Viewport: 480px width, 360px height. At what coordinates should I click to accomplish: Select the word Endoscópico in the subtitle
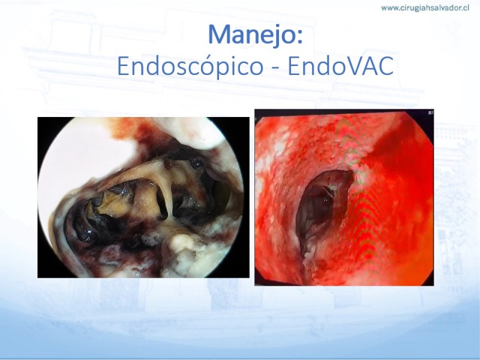190,67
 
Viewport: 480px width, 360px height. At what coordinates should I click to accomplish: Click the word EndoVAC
340,66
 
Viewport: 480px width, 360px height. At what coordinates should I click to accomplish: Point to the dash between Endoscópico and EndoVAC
275,68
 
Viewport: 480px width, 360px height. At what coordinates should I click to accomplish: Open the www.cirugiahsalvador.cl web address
425,8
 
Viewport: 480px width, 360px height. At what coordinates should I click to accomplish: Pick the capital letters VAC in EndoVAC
367,66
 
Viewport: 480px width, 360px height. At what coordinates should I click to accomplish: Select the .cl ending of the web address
464,8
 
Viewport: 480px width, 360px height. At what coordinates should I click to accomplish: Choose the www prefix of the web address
389,8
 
